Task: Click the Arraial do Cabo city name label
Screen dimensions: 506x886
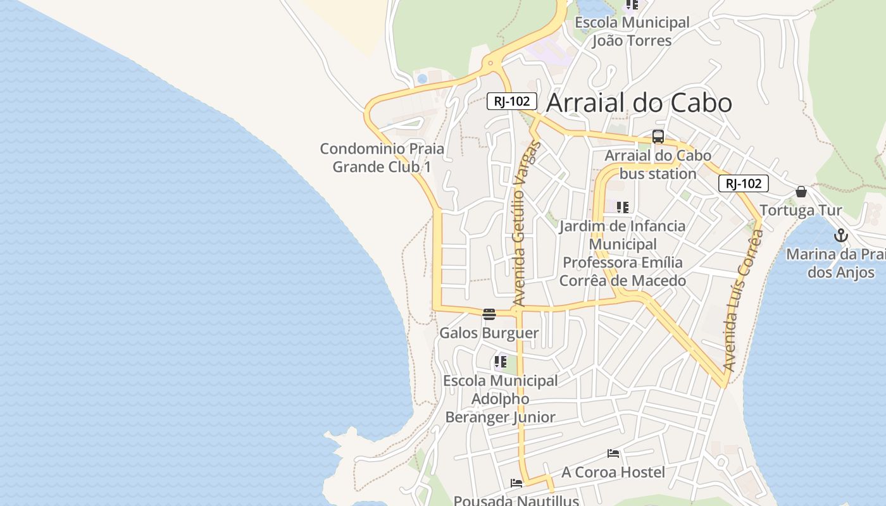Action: [639, 103]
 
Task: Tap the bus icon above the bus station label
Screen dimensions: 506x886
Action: [658, 137]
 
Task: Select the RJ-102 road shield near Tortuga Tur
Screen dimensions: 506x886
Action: [743, 183]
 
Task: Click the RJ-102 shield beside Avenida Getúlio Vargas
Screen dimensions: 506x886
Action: [511, 101]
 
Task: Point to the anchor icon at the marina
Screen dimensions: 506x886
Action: [840, 236]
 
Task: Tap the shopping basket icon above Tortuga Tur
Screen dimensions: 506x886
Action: [801, 192]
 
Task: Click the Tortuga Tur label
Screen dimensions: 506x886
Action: [801, 211]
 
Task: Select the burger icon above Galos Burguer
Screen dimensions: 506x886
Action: [489, 314]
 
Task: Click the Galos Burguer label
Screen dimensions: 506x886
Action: [489, 333]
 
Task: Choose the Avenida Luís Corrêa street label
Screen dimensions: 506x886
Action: [742, 301]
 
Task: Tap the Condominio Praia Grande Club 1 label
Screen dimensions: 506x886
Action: [382, 157]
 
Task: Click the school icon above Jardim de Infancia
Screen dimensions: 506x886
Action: [623, 207]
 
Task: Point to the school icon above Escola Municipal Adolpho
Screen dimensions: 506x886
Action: [500, 362]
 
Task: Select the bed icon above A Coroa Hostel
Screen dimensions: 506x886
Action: [613, 454]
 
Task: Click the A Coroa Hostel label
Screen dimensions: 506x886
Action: [613, 472]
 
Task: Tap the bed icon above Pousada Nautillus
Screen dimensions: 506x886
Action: [516, 484]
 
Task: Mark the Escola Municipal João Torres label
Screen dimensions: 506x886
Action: [632, 32]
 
